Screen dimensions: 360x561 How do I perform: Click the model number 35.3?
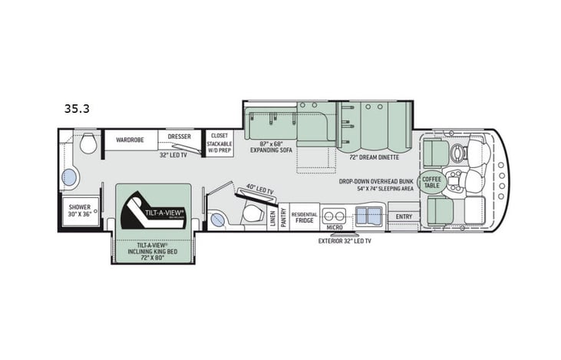coord(77,109)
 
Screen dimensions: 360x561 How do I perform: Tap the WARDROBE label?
coord(130,140)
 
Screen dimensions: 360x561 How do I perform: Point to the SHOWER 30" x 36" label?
coord(79,211)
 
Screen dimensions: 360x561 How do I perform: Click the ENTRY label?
coord(404,216)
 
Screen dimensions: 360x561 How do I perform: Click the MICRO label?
coord(333,227)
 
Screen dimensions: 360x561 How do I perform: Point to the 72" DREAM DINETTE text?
coord(374,157)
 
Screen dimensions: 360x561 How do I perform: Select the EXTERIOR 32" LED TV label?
coord(345,241)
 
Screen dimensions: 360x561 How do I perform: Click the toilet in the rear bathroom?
coord(87,143)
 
